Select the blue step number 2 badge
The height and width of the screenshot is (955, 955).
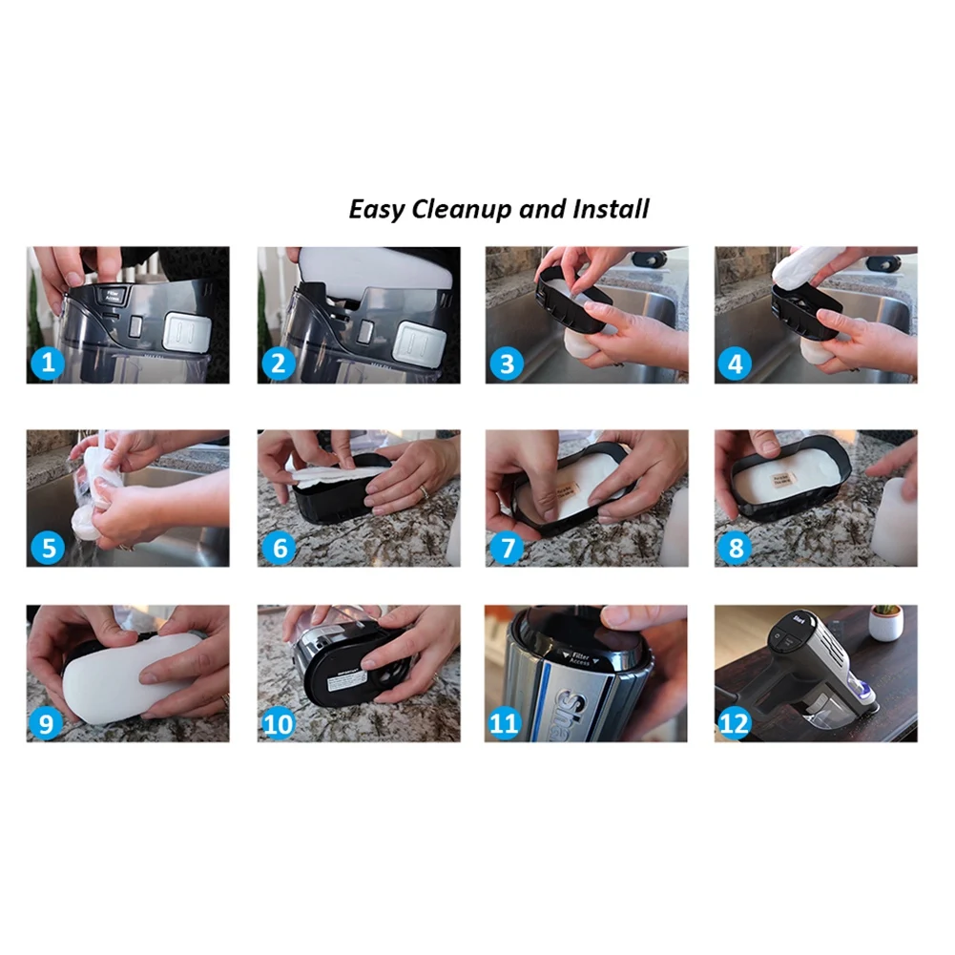pos(278,363)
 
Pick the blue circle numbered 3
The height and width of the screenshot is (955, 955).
pos(506,363)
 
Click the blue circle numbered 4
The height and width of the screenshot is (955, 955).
pos(736,363)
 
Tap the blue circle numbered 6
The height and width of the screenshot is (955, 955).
pos(278,547)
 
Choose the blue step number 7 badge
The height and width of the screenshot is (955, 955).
pos(506,547)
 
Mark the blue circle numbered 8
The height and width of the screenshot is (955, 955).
pos(736,547)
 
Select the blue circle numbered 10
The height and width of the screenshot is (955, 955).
pos(278,723)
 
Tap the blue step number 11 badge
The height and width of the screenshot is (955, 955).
pos(506,723)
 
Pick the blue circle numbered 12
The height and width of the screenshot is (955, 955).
pos(736,723)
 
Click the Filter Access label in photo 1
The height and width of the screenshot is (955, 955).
pos(115,296)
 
